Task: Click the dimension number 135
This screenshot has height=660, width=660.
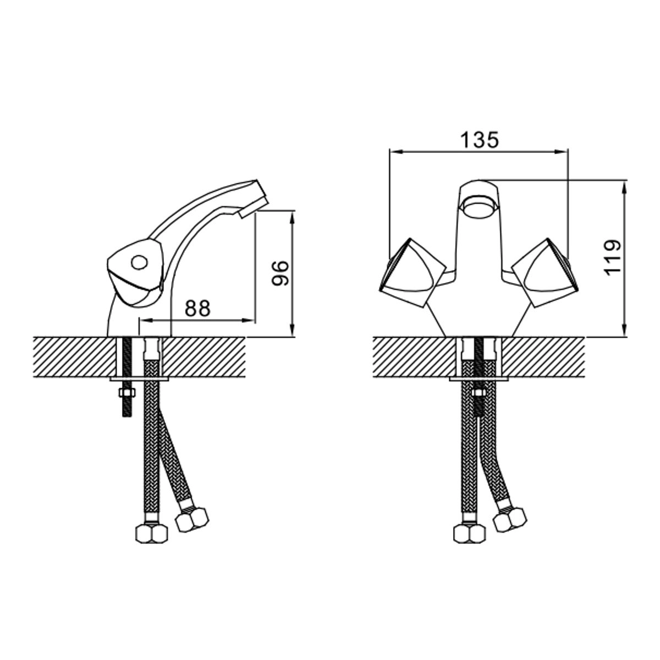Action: click(479, 140)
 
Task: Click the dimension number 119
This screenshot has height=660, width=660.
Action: click(612, 257)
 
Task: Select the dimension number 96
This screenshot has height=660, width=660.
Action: click(280, 273)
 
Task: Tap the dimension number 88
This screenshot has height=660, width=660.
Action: click(197, 308)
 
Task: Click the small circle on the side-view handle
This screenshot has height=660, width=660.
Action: click(139, 263)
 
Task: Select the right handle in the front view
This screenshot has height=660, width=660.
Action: click(545, 272)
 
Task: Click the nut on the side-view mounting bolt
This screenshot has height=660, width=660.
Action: click(127, 393)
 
